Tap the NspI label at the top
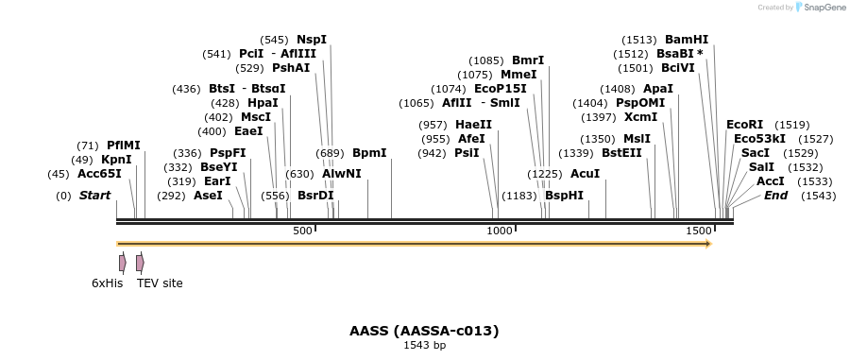(x=312, y=40)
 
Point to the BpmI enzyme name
(x=369, y=152)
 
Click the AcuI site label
(x=585, y=174)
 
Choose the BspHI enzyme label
(x=564, y=196)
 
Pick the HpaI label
(x=263, y=103)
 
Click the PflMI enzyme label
(x=123, y=146)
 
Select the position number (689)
(x=330, y=152)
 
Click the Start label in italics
(x=94, y=196)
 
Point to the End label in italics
(x=775, y=196)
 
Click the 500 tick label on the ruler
(x=302, y=231)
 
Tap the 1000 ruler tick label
(x=499, y=231)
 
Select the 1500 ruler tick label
(x=699, y=231)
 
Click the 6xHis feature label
(x=108, y=283)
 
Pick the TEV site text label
(x=160, y=283)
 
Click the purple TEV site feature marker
(x=140, y=263)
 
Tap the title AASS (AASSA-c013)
(x=424, y=331)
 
